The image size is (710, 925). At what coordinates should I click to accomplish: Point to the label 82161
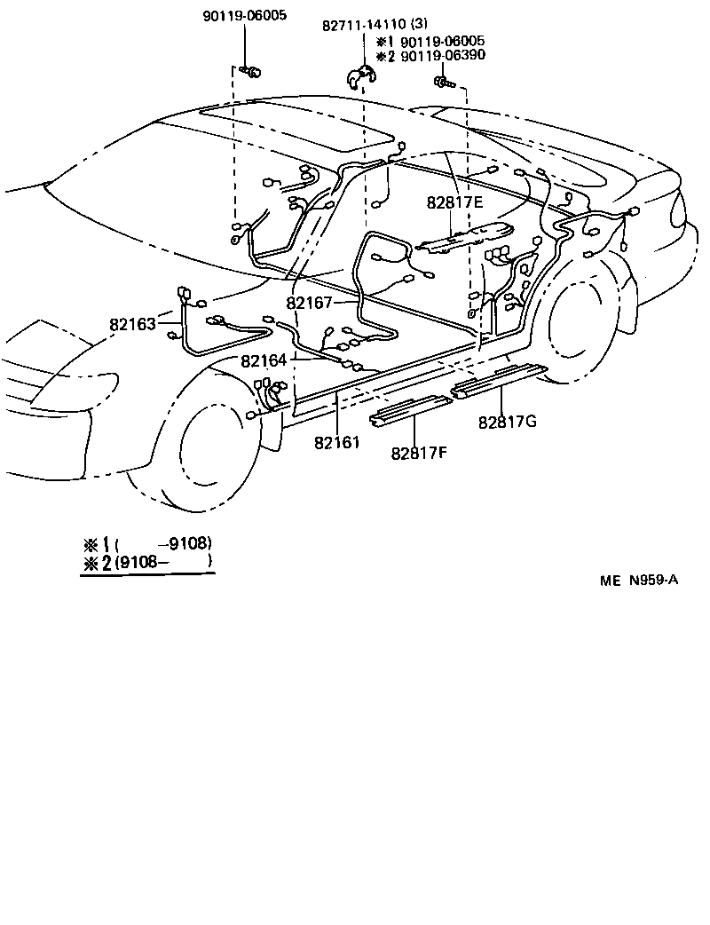click(x=336, y=441)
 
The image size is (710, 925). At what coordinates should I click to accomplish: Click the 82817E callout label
click(x=454, y=203)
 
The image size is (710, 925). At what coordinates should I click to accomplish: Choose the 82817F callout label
click(x=419, y=453)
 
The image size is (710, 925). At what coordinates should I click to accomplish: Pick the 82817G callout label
click(x=508, y=422)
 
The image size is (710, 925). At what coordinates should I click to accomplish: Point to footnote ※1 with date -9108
click(x=147, y=543)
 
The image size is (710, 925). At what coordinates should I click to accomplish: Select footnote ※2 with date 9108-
click(x=147, y=561)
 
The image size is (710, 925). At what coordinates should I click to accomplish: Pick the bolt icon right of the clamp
click(x=444, y=83)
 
